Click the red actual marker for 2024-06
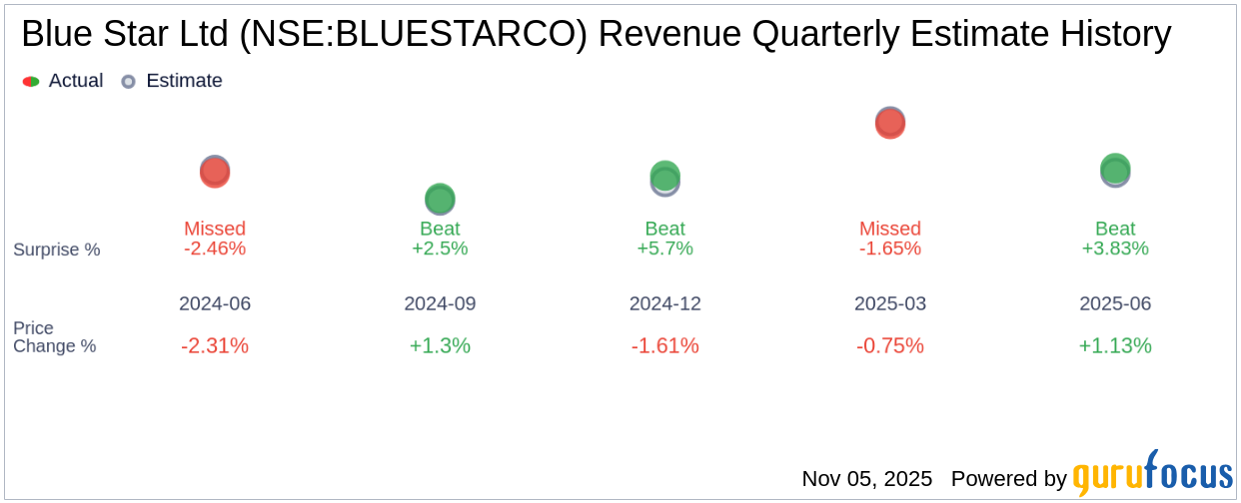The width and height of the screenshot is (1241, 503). pyautogui.click(x=215, y=173)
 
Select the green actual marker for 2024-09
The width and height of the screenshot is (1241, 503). pyautogui.click(x=440, y=199)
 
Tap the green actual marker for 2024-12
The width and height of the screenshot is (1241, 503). pyautogui.click(x=664, y=176)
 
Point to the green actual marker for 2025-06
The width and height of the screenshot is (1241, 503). pyautogui.click(x=1115, y=169)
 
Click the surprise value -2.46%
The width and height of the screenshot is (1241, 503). pyautogui.click(x=215, y=249)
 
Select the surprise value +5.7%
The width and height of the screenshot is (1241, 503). pyautogui.click(x=664, y=249)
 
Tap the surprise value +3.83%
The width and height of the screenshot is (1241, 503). pyautogui.click(x=1115, y=249)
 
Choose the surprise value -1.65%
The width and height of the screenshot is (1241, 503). pyautogui.click(x=890, y=249)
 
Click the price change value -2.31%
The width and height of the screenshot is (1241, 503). pyautogui.click(x=215, y=346)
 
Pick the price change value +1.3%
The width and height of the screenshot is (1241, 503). pyautogui.click(x=440, y=346)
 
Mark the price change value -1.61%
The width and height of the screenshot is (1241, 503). pyautogui.click(x=664, y=346)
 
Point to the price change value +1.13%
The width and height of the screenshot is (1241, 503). pyautogui.click(x=1115, y=346)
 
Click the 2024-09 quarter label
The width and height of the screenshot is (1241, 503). pyautogui.click(x=440, y=303)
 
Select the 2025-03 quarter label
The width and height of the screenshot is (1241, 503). pyautogui.click(x=890, y=303)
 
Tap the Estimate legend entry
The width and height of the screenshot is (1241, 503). pyautogui.click(x=172, y=81)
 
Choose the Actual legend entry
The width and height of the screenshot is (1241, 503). pyautogui.click(x=64, y=81)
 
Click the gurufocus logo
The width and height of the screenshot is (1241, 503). pyautogui.click(x=1152, y=476)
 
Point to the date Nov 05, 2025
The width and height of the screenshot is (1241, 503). pyautogui.click(x=866, y=479)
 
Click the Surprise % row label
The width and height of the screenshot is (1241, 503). pyautogui.click(x=57, y=250)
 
